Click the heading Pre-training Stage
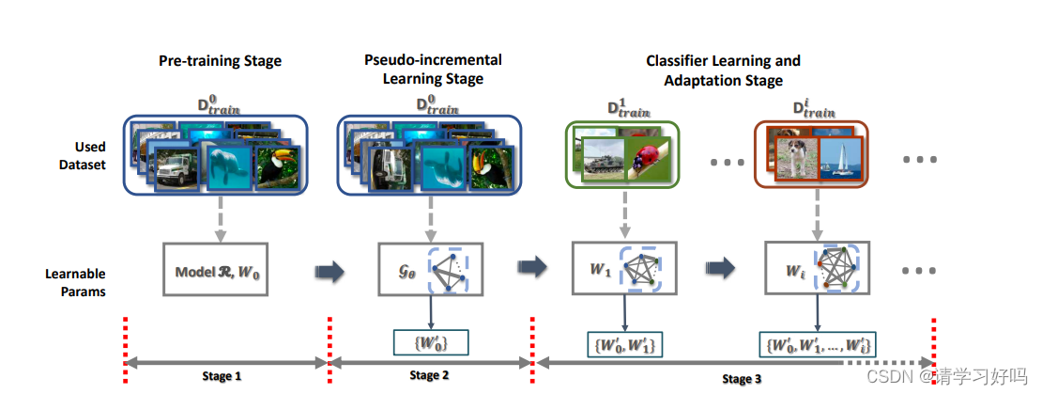[x=220, y=62]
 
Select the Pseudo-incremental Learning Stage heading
[x=433, y=69]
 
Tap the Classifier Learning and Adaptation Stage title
[x=723, y=71]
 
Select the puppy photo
[x=793, y=156]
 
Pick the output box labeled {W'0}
[x=429, y=343]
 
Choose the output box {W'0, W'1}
[x=625, y=345]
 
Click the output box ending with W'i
[x=817, y=345]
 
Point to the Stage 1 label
[x=222, y=376]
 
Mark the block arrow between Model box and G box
[x=330, y=273]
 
